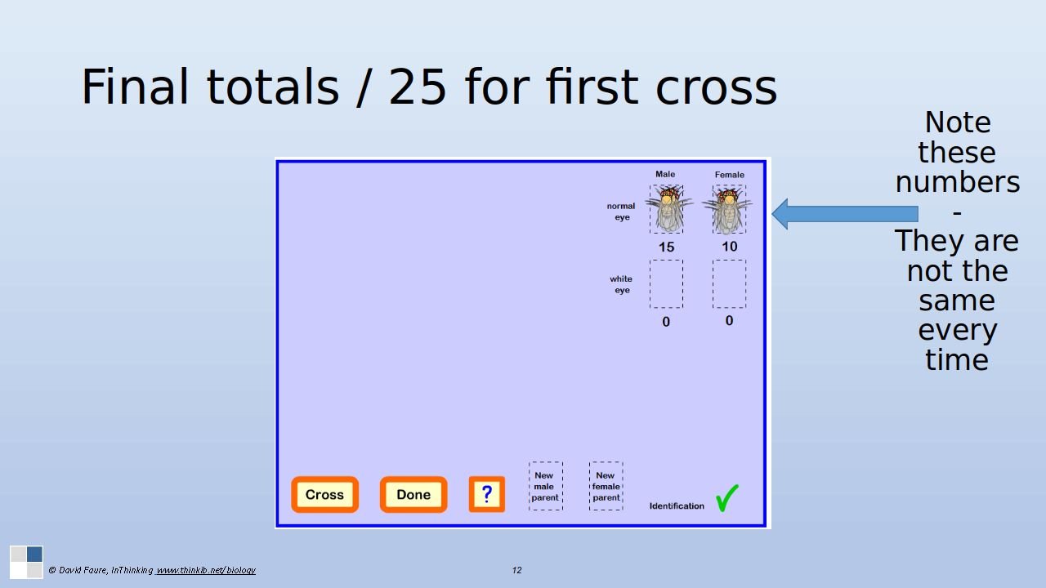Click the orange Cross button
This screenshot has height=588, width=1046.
[x=325, y=494]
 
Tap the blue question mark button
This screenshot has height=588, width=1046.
[x=486, y=494]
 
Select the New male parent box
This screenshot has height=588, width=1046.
[x=545, y=486]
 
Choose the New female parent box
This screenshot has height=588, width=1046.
[x=606, y=486]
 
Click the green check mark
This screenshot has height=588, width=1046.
[x=726, y=498]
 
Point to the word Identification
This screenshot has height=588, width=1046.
[x=677, y=506]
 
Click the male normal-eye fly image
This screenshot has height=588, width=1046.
[x=668, y=209]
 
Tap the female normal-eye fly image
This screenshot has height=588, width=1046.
[x=727, y=210]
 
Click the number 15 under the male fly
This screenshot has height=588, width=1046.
[x=666, y=247]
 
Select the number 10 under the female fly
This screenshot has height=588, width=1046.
[x=730, y=246]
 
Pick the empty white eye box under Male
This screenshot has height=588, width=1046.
[x=666, y=284]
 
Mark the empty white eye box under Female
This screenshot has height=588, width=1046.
[x=730, y=284]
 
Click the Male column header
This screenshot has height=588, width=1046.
[x=665, y=174]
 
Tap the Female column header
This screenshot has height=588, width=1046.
[x=730, y=175]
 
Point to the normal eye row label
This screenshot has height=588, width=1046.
[x=621, y=212]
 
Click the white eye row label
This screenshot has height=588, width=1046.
[x=621, y=284]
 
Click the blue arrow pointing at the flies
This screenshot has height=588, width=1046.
[x=845, y=214]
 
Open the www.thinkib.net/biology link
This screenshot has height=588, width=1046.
[x=205, y=570]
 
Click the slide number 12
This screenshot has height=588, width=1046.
[x=516, y=570]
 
